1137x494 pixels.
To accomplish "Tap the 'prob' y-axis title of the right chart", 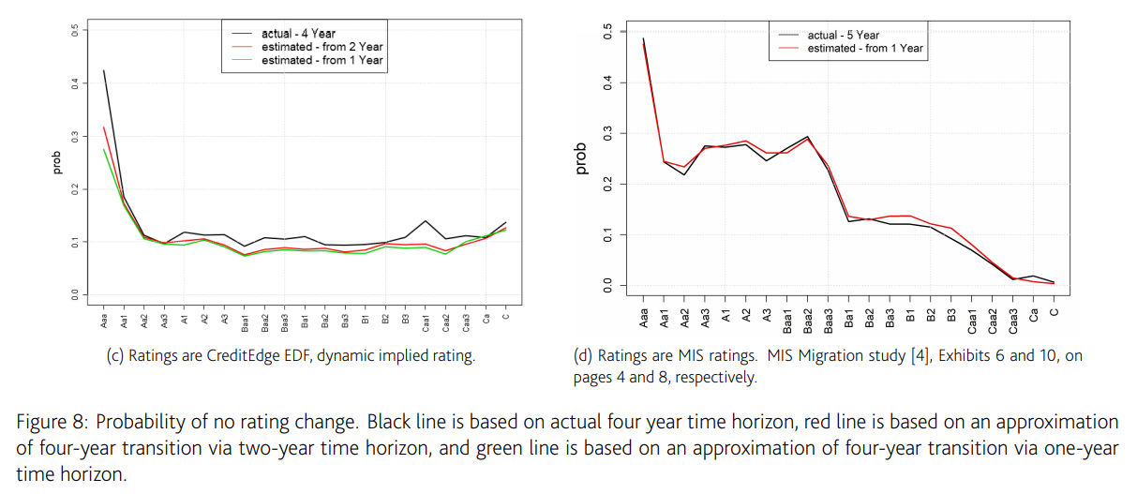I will coord(582,158).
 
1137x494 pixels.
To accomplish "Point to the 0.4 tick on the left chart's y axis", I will coord(75,82).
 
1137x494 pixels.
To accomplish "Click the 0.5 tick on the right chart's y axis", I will coord(608,33).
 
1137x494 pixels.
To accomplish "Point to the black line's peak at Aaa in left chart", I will coord(103,70).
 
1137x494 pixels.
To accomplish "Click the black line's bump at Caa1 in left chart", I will coord(426,221).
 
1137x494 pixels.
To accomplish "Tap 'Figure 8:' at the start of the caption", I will coord(48,423).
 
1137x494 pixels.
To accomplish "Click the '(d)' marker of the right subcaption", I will coord(581,356).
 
